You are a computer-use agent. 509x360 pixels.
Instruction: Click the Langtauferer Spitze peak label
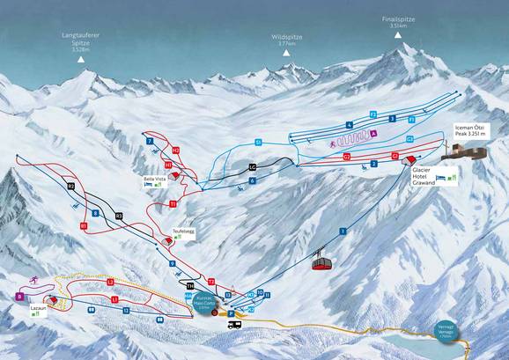(78, 40)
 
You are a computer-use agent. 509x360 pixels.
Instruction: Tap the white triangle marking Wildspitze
(285, 55)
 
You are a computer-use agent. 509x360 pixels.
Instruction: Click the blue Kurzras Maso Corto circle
(205, 301)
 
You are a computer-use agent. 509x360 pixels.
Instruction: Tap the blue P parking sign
(231, 312)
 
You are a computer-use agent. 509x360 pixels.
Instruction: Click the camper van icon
(235, 325)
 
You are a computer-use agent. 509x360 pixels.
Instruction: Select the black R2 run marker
(71, 187)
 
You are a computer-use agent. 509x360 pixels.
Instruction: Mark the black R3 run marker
(119, 215)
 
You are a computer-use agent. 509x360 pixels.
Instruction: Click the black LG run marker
(253, 166)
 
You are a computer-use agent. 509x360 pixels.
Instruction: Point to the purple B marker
(19, 298)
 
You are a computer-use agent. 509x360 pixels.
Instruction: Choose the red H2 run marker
(176, 151)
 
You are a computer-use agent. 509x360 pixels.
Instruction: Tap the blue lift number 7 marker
(151, 141)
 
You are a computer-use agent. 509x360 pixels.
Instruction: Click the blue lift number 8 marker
(94, 213)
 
